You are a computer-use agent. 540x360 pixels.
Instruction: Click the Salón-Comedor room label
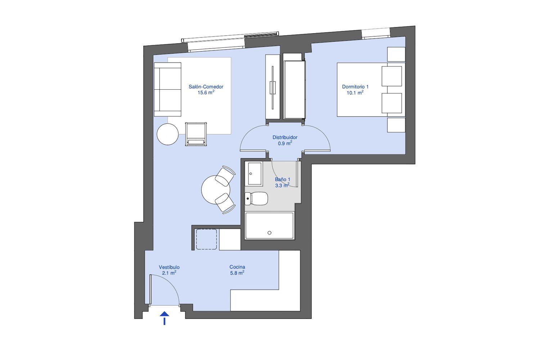[206, 87]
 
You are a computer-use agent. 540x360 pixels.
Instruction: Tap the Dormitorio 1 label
[355, 87]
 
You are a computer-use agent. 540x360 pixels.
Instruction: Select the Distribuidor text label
[285, 138]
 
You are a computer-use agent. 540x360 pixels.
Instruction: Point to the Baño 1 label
[283, 179]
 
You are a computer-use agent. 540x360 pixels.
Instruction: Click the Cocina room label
[237, 267]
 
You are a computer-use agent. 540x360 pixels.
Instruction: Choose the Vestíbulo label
[169, 267]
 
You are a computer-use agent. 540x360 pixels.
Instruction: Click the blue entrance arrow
[165, 318]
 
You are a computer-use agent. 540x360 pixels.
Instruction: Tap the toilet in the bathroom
[256, 198]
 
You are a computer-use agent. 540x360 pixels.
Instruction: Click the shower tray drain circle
[270, 233]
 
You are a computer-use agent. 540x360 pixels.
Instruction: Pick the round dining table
[216, 190]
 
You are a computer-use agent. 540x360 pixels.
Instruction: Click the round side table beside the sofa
[167, 134]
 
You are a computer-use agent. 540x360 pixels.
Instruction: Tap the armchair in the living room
[196, 134]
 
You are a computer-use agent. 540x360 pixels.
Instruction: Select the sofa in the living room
[167, 89]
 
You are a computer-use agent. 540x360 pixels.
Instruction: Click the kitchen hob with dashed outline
[206, 239]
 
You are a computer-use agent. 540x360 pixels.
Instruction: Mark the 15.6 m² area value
[206, 93]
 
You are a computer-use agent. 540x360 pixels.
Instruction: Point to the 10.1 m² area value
[355, 93]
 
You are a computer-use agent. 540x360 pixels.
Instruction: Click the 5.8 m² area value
[237, 273]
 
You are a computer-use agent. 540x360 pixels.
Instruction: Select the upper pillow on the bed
[392, 76]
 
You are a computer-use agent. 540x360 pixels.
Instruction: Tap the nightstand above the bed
[396, 54]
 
